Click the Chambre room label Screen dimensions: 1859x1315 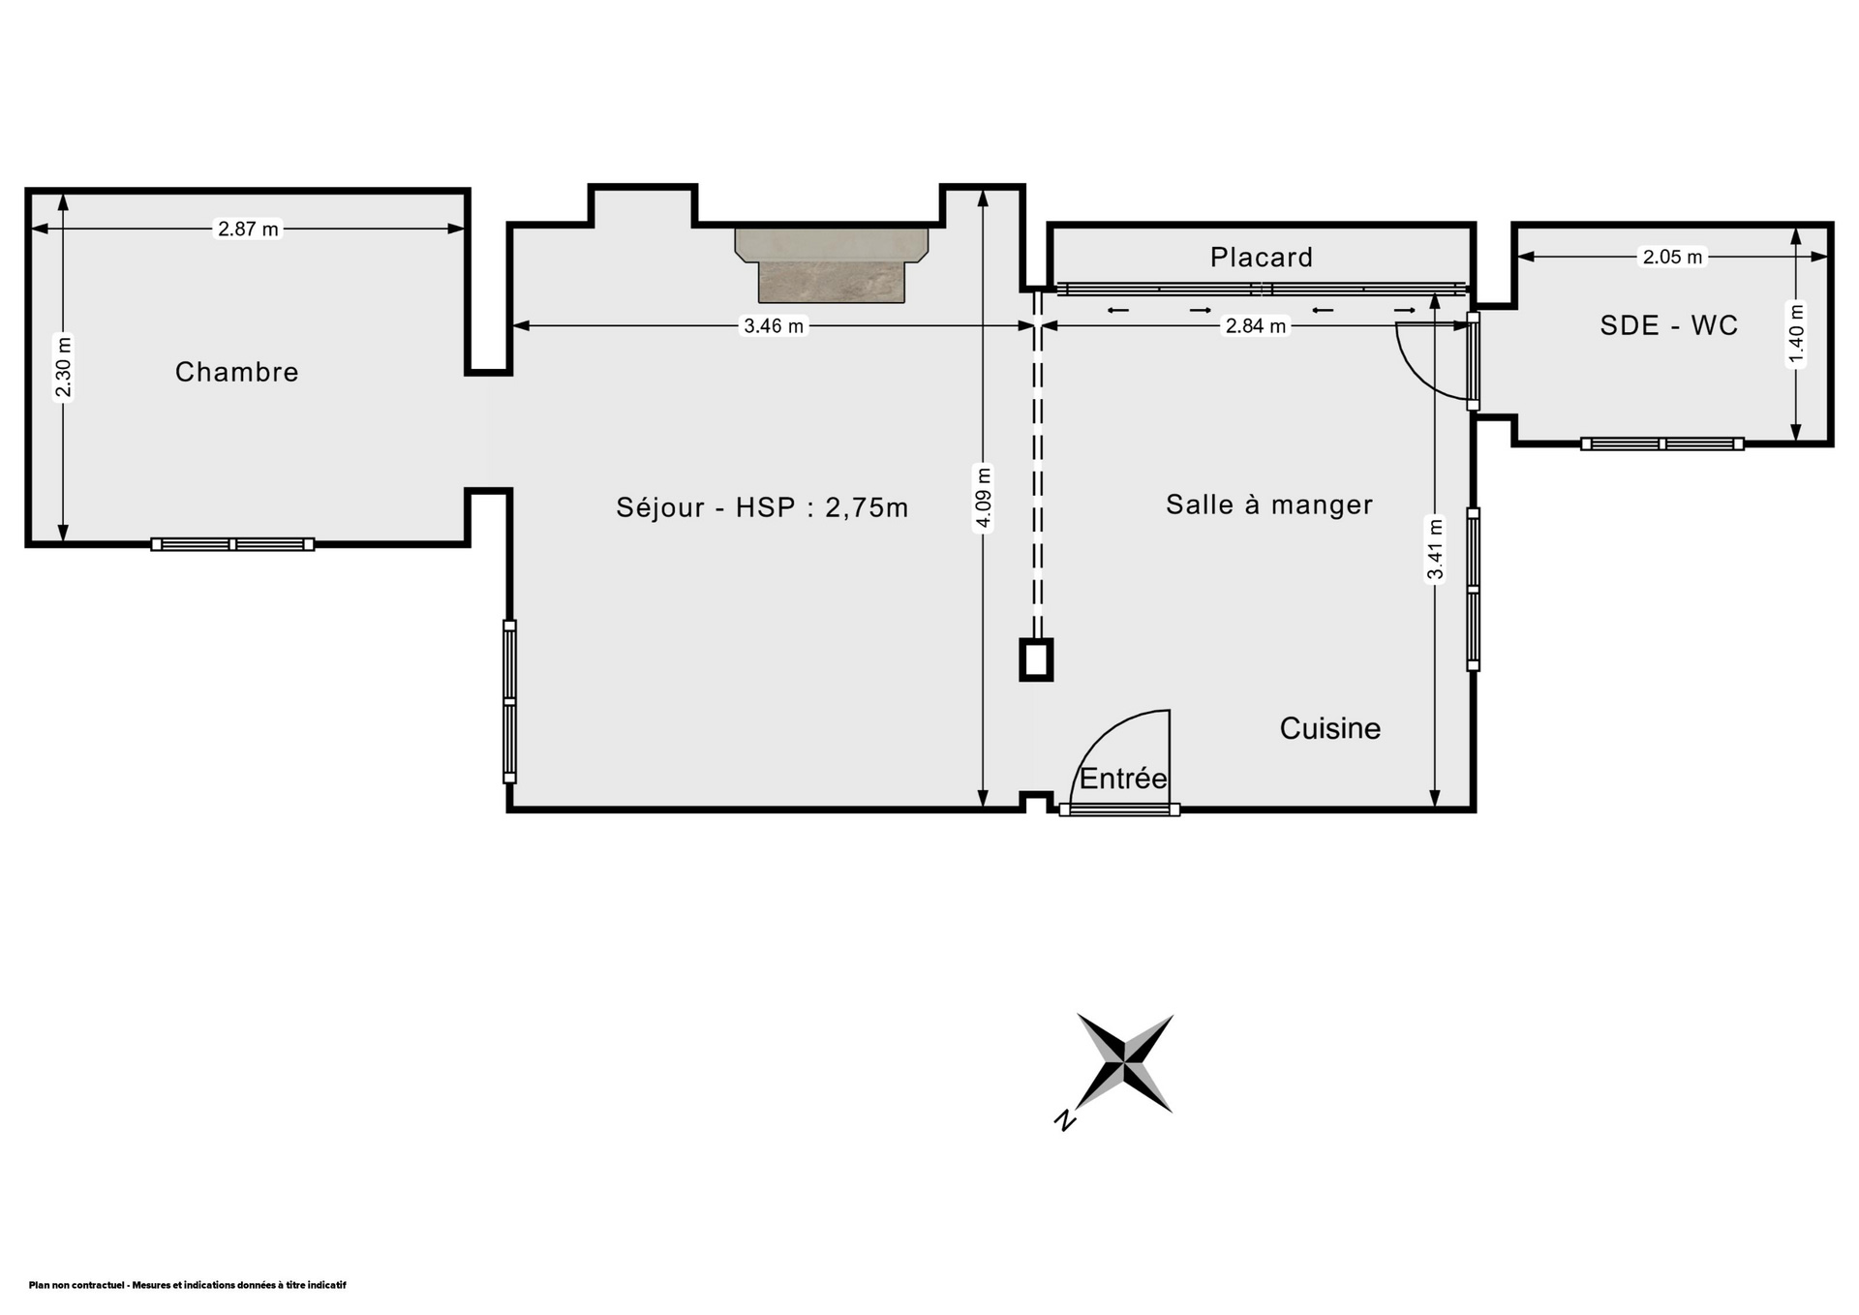pyautogui.click(x=236, y=372)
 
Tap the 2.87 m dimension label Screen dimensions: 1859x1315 pyautogui.click(x=248, y=229)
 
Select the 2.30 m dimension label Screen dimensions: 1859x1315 pyautogui.click(x=64, y=366)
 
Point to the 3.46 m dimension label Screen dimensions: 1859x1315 pyautogui.click(x=773, y=326)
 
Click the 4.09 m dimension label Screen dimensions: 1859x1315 pyautogui.click(x=984, y=498)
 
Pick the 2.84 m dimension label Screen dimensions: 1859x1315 pyautogui.click(x=1256, y=326)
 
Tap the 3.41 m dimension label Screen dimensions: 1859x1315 pyautogui.click(x=1435, y=549)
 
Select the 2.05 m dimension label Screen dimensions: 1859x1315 pyautogui.click(x=1672, y=257)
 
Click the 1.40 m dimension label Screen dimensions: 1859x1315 pyautogui.click(x=1796, y=335)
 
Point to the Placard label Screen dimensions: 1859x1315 pyautogui.click(x=1262, y=257)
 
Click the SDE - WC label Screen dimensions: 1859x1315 pyautogui.click(x=1669, y=325)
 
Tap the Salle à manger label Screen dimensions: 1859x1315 pyautogui.click(x=1269, y=505)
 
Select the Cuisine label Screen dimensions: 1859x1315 pyautogui.click(x=1330, y=728)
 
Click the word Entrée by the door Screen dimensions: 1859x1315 pyautogui.click(x=1123, y=779)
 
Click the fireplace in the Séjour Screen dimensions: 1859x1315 pyautogui.click(x=832, y=265)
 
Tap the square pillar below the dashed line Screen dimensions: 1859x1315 pyautogui.click(x=1036, y=659)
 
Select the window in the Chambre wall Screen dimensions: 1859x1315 pyautogui.click(x=232, y=544)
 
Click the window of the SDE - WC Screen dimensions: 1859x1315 pyautogui.click(x=1662, y=443)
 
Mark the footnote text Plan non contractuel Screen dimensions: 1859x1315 pyautogui.click(x=187, y=1285)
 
